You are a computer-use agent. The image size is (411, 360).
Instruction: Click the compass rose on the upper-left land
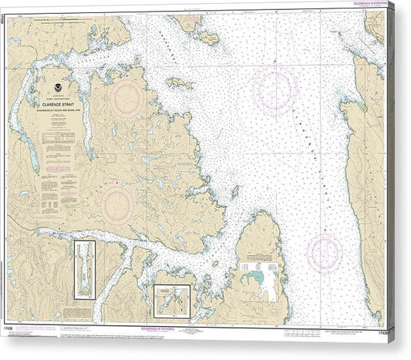pyautogui.click(x=126, y=98)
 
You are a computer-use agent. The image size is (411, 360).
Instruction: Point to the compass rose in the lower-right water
pyautogui.click(x=324, y=253)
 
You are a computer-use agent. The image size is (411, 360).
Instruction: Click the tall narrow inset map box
pyautogui.click(x=83, y=270)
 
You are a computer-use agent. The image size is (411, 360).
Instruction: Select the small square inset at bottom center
pyautogui.click(x=172, y=301)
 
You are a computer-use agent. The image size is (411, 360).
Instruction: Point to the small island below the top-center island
pyautogui.click(x=179, y=82)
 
